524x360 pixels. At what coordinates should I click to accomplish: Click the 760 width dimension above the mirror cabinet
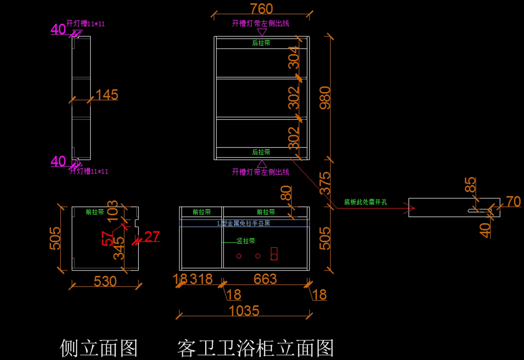coord(262,9)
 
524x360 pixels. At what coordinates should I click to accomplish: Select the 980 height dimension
coord(325,97)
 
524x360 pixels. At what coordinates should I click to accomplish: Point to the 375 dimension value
coord(325,183)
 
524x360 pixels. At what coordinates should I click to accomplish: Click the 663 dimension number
coord(265,279)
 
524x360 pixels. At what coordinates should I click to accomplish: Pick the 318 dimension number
coord(201,279)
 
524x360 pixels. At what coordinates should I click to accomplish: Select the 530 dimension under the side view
coord(105,281)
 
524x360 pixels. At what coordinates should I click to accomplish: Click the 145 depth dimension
coord(107,95)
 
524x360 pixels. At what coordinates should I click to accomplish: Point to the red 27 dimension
coord(152,237)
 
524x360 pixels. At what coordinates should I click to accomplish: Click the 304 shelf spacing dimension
coord(294,57)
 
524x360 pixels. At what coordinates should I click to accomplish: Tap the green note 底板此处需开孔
coord(365,202)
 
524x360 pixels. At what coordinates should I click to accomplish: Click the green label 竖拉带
coord(246,241)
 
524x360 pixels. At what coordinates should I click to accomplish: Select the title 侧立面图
coord(99,348)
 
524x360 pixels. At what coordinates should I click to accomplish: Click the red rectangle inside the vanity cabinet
coord(274,254)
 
